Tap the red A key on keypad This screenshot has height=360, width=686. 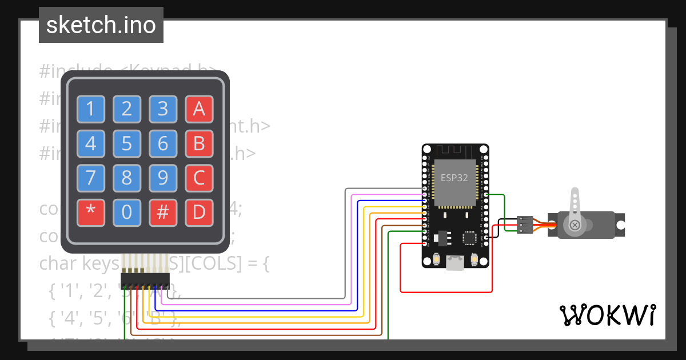click(x=199, y=109)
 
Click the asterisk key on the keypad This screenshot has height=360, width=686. click(x=91, y=212)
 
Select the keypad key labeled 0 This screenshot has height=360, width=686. click(x=127, y=212)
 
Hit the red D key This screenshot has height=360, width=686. click(x=199, y=212)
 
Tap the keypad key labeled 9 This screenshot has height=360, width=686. click(x=163, y=178)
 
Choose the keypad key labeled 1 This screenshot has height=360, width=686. click(x=91, y=109)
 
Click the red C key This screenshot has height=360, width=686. click(x=199, y=178)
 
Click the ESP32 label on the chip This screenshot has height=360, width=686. click(x=454, y=178)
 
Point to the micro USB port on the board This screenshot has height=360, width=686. click(x=455, y=263)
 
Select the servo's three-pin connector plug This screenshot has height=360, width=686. click(x=525, y=225)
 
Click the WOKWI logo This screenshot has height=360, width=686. click(x=607, y=315)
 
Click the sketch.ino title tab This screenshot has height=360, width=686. click(x=101, y=25)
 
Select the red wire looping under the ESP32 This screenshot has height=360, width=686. click(x=446, y=292)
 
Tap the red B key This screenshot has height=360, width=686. click(x=199, y=143)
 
